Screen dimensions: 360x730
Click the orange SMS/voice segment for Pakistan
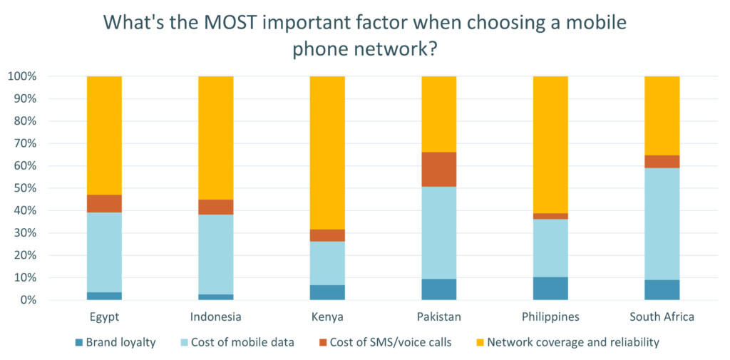tap(439, 169)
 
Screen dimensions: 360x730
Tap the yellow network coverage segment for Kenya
tap(327, 153)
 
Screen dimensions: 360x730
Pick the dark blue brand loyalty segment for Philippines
tap(551, 288)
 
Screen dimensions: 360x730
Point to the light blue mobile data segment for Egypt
tap(104, 252)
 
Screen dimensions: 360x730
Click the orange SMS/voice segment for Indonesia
tap(215, 207)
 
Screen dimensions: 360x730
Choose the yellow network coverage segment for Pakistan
tap(439, 114)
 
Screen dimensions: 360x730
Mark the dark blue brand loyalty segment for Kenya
tap(327, 292)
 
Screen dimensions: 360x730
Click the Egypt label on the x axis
tap(104, 316)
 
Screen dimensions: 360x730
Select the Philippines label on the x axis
tap(551, 316)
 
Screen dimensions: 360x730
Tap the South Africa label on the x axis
tap(662, 316)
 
